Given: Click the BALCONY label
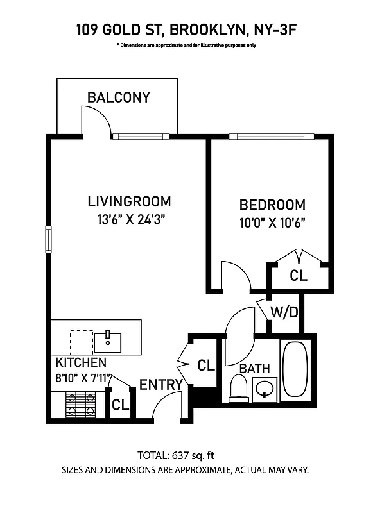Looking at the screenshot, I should [119, 97].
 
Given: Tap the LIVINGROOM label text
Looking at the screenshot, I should [129, 201].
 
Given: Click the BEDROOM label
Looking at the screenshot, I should [272, 205].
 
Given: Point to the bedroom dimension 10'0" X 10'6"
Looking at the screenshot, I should [272, 223].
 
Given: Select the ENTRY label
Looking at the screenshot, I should [161, 385].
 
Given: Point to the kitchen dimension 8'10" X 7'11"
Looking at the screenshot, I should [83, 378].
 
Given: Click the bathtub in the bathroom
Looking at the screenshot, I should [296, 370].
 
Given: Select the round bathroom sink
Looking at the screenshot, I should [265, 389].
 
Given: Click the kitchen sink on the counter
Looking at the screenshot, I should [108, 341].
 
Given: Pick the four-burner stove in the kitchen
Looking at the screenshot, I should [82, 404].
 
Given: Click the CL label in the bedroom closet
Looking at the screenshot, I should [299, 276].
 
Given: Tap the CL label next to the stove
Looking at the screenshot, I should [121, 405].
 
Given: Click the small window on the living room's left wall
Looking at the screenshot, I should [48, 239].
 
